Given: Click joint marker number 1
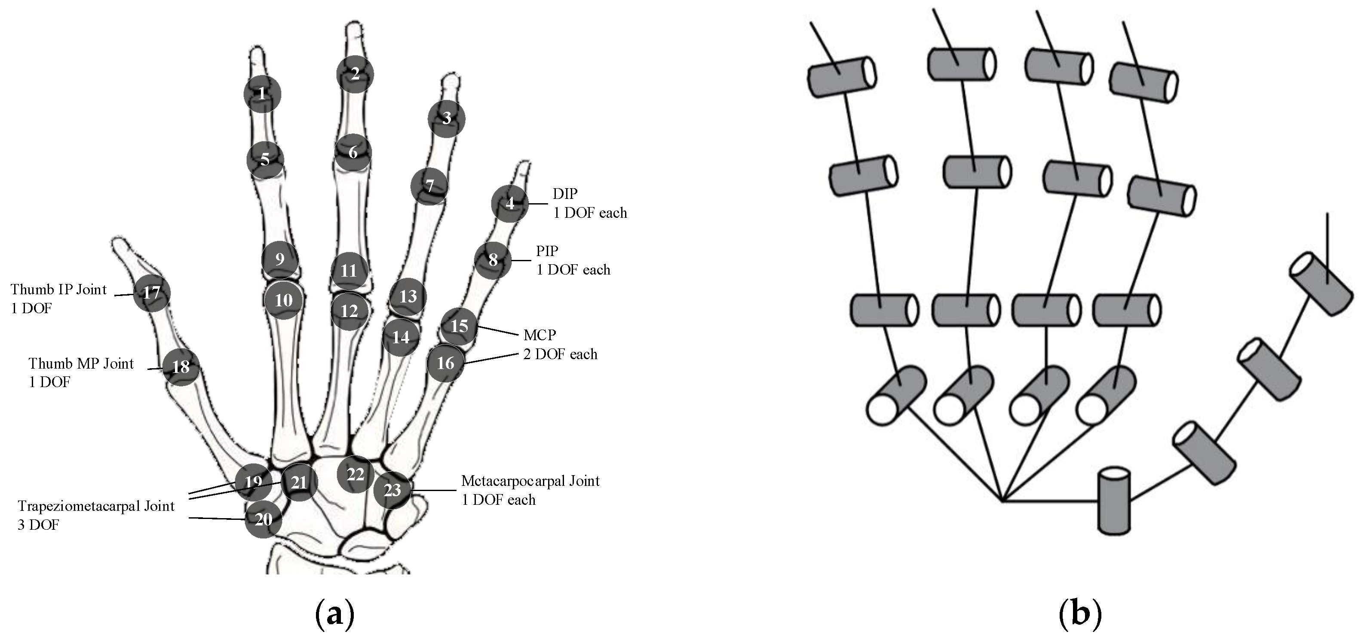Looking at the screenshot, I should [262, 94].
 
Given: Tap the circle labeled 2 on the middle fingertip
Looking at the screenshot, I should [355, 74].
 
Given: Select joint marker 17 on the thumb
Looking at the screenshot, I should [152, 293].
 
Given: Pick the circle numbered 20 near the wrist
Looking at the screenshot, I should [263, 519].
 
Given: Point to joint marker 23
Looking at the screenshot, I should [392, 490].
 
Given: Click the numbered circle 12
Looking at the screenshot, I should [349, 311].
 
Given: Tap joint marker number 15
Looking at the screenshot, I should [459, 326].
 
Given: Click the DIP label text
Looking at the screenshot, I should [565, 194].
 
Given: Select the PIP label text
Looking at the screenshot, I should [547, 251].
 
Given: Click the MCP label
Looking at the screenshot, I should [539, 335].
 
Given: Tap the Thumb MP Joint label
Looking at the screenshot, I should [81, 363].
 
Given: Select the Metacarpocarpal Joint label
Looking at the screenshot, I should [530, 481].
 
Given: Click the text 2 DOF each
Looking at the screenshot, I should [560, 354].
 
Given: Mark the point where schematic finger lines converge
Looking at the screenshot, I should [1001, 500].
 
